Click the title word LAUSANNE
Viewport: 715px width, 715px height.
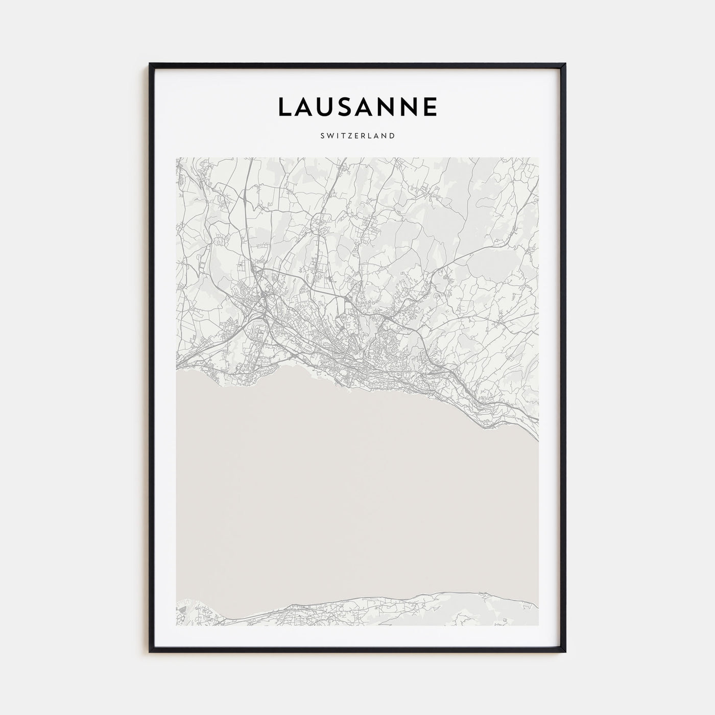click(357, 107)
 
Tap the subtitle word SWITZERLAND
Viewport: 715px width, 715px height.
click(357, 136)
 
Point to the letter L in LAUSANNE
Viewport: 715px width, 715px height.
click(284, 107)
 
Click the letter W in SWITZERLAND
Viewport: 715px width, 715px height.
click(329, 136)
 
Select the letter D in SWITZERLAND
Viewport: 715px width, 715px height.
click(392, 136)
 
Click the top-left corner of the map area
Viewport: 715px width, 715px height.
click(177, 158)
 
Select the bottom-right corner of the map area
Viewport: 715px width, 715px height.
click(538, 625)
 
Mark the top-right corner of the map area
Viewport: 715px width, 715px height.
click(538, 158)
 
